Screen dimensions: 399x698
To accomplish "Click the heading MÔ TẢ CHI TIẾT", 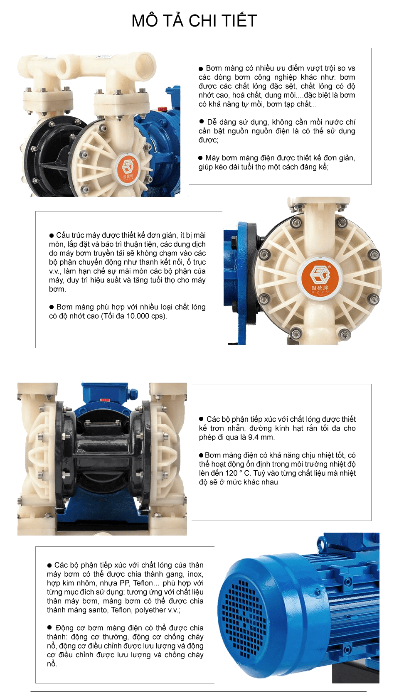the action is (x=194, y=21).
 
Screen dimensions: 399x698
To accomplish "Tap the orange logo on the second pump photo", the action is (x=320, y=276).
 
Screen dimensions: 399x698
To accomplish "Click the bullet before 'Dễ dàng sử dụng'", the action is (x=201, y=121).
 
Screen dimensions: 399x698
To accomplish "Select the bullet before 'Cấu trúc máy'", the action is (x=52, y=235).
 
